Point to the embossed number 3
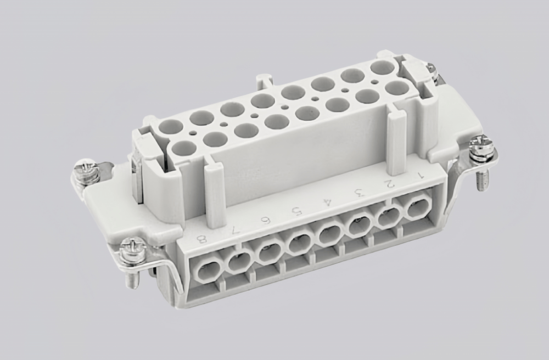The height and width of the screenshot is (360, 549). click(x=360, y=192)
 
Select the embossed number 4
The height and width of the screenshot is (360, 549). click(x=329, y=201)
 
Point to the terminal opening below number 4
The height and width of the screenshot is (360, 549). click(x=329, y=235)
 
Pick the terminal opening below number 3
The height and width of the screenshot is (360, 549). click(x=359, y=226)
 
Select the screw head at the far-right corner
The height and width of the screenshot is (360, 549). click(x=482, y=147)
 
